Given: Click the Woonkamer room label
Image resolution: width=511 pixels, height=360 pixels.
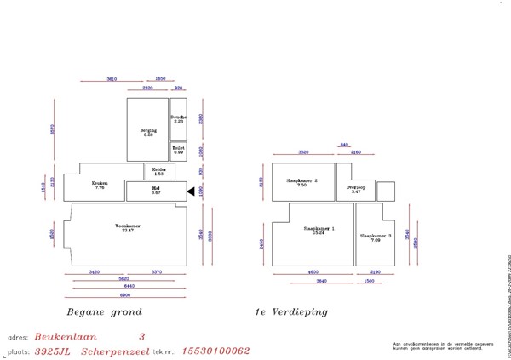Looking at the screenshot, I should [x=127, y=226].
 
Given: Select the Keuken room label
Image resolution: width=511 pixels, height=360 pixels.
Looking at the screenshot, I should [x=98, y=184].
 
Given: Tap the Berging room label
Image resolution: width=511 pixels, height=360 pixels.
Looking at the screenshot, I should [x=148, y=132].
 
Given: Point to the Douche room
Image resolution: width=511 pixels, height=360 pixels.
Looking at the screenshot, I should [x=178, y=119].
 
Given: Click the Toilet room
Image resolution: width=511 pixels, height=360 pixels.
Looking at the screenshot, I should [x=178, y=150].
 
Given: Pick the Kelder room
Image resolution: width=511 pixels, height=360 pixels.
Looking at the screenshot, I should [x=159, y=171].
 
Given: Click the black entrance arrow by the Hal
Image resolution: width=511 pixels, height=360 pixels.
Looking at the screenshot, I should [x=192, y=191].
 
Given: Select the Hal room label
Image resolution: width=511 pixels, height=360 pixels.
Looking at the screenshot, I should [x=156, y=191].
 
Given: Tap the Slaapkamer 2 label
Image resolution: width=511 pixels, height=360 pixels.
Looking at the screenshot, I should [x=301, y=181].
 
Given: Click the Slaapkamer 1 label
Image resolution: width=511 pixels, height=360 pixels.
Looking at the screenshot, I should [x=319, y=230].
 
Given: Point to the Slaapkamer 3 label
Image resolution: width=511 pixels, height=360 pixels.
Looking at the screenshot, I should [x=376, y=237].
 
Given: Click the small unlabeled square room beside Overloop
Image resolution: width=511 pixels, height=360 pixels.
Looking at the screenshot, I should [x=386, y=191].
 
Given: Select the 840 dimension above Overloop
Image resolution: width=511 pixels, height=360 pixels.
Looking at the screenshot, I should [x=344, y=145].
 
